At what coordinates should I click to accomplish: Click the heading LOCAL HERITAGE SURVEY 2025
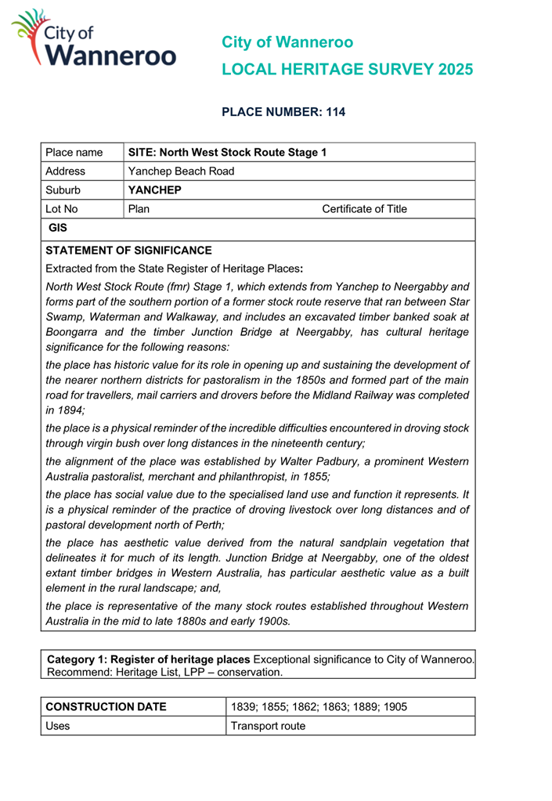click(348, 70)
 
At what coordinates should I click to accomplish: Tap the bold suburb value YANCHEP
click(154, 190)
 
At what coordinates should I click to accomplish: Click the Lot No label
click(62, 209)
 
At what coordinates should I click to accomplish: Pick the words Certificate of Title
click(364, 209)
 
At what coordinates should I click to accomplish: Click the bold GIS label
click(58, 229)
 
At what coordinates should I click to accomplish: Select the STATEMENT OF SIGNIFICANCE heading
click(128, 251)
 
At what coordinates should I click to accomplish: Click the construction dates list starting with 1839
click(319, 706)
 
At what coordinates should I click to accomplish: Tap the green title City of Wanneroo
click(287, 42)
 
